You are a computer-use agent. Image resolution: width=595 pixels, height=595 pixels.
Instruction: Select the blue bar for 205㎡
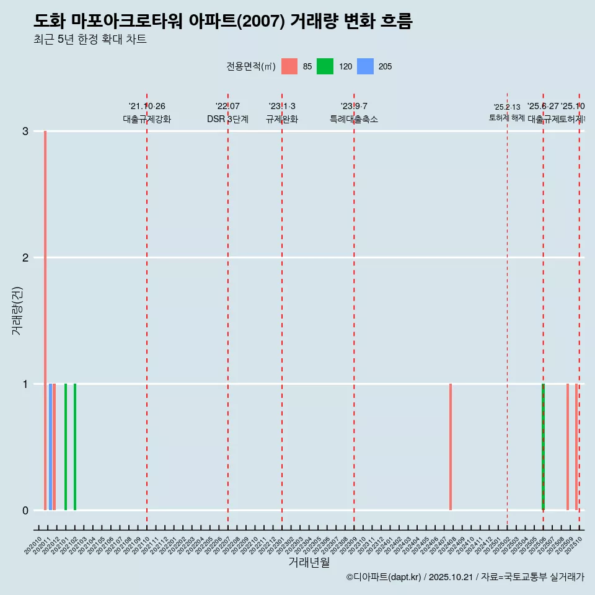point(50,446)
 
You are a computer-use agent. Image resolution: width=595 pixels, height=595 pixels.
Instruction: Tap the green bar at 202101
point(66,446)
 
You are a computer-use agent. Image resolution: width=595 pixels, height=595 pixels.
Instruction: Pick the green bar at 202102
point(75,446)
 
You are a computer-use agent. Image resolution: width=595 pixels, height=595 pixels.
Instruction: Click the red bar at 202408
point(451,446)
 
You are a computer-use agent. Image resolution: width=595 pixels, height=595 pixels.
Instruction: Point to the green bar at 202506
point(543,446)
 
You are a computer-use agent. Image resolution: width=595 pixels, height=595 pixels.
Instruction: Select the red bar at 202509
point(568,446)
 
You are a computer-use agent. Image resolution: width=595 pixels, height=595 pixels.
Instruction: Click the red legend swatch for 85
point(289,66)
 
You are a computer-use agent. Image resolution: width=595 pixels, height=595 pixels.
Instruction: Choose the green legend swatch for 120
point(325,66)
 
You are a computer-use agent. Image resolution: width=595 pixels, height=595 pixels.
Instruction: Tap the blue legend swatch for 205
point(366,66)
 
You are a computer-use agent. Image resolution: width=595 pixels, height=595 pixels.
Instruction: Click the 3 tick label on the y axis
point(25,131)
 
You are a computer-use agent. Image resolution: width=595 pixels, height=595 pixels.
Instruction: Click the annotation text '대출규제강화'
point(147,119)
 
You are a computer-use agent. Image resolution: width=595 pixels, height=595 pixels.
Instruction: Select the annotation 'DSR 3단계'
point(227,119)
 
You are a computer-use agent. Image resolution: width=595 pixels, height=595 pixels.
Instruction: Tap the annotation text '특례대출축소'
point(354,119)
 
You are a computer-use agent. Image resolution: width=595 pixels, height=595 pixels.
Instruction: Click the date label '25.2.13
point(507,107)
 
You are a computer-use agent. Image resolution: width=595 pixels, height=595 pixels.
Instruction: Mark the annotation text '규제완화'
point(282,119)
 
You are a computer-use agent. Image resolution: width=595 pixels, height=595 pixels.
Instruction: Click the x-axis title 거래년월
point(309,562)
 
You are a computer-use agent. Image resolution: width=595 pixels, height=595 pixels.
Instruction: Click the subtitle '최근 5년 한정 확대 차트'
point(90,40)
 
